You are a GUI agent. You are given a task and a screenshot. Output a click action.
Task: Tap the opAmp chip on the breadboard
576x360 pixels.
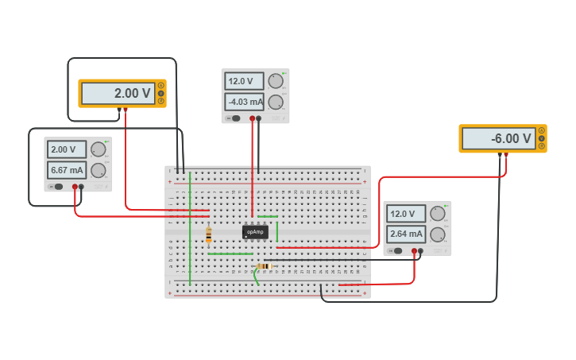pyautogui.click(x=255, y=232)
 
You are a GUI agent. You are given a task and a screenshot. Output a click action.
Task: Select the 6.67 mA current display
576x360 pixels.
pyautogui.click(x=66, y=170)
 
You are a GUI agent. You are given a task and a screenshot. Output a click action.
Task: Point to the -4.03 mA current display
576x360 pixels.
pyautogui.click(x=244, y=102)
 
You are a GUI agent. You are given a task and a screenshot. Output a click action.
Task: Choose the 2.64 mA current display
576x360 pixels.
pyautogui.click(x=406, y=234)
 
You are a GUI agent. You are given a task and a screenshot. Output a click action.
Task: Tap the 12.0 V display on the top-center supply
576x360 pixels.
pyautogui.click(x=244, y=81)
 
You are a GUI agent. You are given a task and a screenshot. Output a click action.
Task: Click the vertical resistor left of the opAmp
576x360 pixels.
pyautogui.click(x=209, y=234)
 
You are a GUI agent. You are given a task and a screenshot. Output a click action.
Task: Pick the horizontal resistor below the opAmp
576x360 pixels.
pyautogui.click(x=264, y=266)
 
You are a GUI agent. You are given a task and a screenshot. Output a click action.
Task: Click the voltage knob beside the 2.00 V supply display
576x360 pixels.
pyautogui.click(x=99, y=149)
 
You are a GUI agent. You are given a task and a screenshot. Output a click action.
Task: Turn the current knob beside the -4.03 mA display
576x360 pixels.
pyautogui.click(x=276, y=102)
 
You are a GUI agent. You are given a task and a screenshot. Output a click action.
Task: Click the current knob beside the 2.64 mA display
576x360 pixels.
pyautogui.click(x=438, y=234)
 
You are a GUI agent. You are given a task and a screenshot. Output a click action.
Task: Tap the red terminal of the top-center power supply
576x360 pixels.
pyautogui.click(x=253, y=118)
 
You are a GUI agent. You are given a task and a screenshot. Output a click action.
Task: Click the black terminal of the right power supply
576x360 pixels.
pyautogui.click(x=420, y=251)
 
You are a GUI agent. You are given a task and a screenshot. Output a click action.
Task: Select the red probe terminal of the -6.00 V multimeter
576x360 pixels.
pyautogui.click(x=506, y=155)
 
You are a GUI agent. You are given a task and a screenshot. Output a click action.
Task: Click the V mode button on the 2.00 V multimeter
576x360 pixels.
pyautogui.click(x=161, y=93)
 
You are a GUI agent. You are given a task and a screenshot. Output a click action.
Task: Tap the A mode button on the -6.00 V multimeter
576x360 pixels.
pyautogui.click(x=542, y=130)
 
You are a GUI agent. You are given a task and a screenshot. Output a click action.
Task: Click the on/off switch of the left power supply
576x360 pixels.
pyautogui.click(x=59, y=187)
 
